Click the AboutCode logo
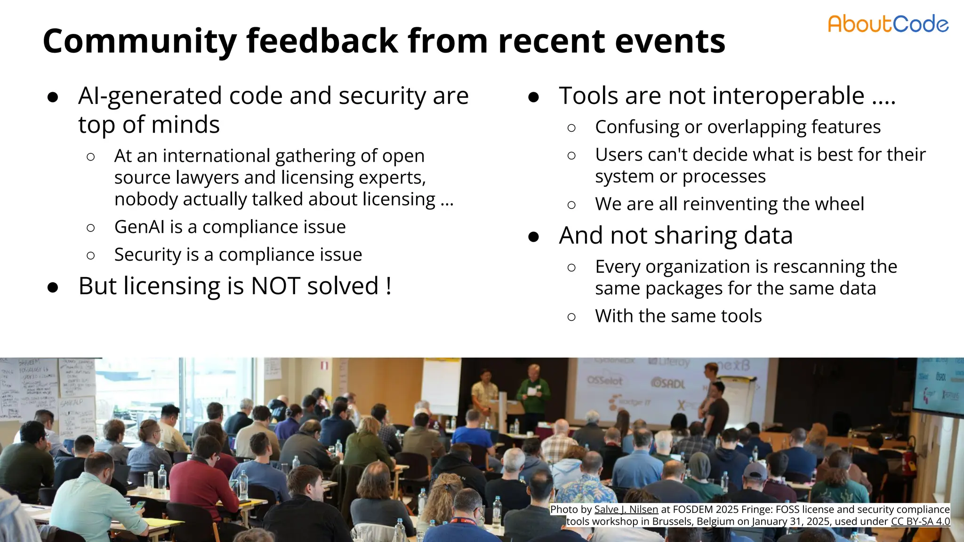tap(888, 24)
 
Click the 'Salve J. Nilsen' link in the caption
tap(626, 510)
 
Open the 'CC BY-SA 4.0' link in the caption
tap(920, 521)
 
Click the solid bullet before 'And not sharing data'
tap(533, 237)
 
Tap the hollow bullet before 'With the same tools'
tap(571, 317)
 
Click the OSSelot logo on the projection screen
tap(605, 380)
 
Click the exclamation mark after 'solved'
tap(388, 286)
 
